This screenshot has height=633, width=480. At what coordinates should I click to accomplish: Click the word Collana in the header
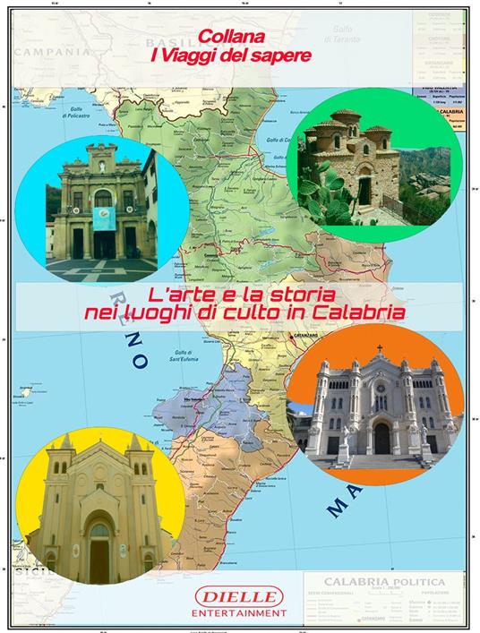[235, 39]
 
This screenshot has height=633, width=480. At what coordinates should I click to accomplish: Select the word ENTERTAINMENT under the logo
[239, 612]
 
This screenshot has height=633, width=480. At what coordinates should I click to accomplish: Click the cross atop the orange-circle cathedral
[379, 349]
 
